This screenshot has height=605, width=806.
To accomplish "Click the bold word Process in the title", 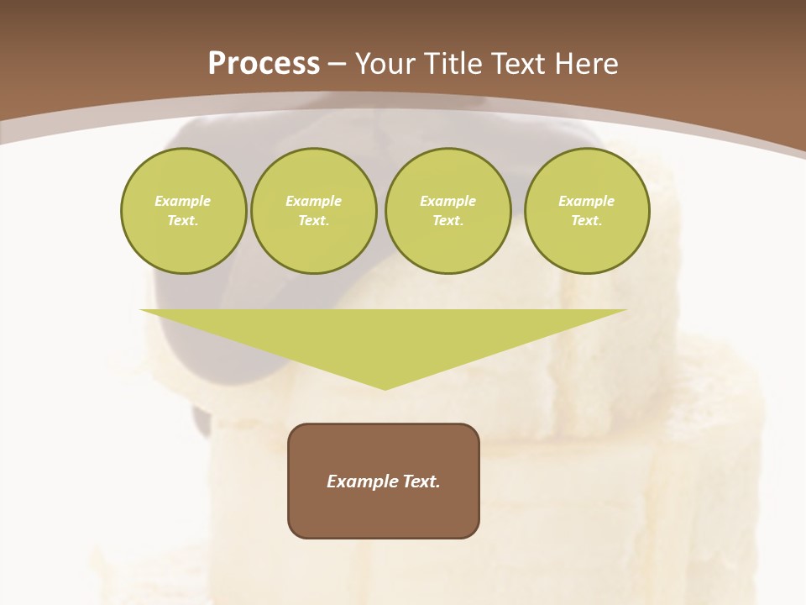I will pyautogui.click(x=264, y=64).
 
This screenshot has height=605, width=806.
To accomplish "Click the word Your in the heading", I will pyautogui.click(x=386, y=64).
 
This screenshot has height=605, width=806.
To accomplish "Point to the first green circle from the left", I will pyautogui.click(x=183, y=211).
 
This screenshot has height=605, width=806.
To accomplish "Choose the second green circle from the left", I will pyautogui.click(x=314, y=211).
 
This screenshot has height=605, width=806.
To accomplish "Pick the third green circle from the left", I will pyautogui.click(x=448, y=211).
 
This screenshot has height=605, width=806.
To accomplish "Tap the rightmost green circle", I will pyautogui.click(x=587, y=211).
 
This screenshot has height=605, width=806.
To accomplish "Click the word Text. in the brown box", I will pyautogui.click(x=422, y=481).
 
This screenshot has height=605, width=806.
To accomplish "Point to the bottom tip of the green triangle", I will pyautogui.click(x=385, y=388).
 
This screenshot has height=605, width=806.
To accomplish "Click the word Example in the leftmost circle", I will pyautogui.click(x=183, y=201).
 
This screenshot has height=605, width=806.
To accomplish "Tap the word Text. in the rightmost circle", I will pyautogui.click(x=587, y=221).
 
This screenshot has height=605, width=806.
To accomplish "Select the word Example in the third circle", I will pyautogui.click(x=448, y=201).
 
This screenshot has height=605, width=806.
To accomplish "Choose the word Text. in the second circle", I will pyautogui.click(x=314, y=221).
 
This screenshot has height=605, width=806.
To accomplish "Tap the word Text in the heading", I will pyautogui.click(x=519, y=64).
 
